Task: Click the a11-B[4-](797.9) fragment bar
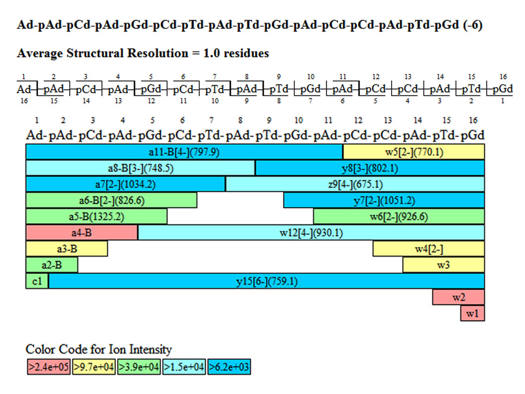[x=184, y=151]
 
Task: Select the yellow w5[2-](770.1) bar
[x=414, y=151]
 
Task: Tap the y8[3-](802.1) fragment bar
[x=370, y=168]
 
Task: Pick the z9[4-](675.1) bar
[x=355, y=185]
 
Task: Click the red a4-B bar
[x=82, y=232]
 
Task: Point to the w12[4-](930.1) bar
[x=311, y=232]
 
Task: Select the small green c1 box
[x=37, y=281]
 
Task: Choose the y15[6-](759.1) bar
[x=267, y=281]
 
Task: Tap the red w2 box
[x=459, y=297]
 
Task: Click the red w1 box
[x=472, y=313]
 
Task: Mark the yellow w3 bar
[x=444, y=265]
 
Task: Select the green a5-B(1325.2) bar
[x=96, y=217]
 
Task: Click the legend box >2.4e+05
[x=48, y=367]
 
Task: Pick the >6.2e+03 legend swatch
[x=229, y=367]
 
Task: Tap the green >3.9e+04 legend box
[x=139, y=367]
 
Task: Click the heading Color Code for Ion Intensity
[x=99, y=350]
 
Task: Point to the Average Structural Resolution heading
[x=142, y=53]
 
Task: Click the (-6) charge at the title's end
[x=471, y=25]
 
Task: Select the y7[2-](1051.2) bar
[x=384, y=201]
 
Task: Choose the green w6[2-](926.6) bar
[x=399, y=217]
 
